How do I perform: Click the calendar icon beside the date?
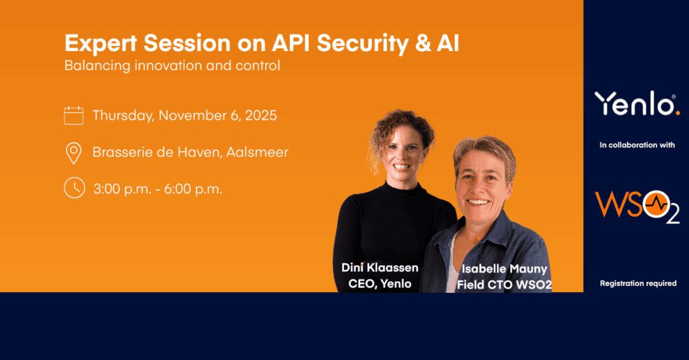[x=73, y=116]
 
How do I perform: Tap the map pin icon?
[x=73, y=153]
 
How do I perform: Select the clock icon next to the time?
[x=74, y=188]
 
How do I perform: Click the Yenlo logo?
[x=637, y=104]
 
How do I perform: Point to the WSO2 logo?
[x=637, y=206]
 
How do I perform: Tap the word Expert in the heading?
[x=101, y=44]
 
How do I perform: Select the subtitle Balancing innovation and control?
[x=172, y=65]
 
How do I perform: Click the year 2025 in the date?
[x=261, y=115]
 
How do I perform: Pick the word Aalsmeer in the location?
[x=257, y=152]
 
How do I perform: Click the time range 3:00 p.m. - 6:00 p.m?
[x=157, y=189]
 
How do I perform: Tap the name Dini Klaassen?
[x=380, y=267]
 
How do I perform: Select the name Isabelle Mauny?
[x=505, y=268]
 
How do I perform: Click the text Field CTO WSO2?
[x=505, y=285]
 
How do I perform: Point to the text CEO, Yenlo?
[x=380, y=283]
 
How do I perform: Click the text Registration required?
[x=638, y=283]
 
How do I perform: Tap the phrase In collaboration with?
[x=637, y=145]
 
